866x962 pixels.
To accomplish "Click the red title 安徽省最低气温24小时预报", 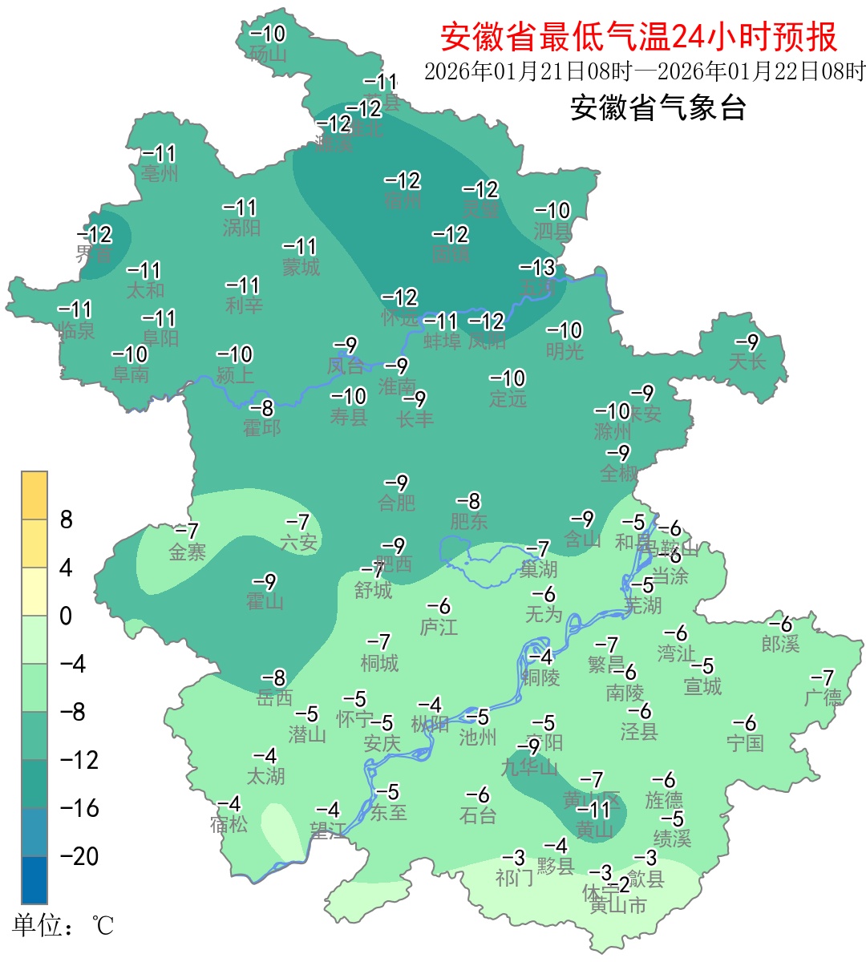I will click(x=639, y=36).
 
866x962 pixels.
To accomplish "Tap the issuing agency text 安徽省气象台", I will click(x=658, y=107).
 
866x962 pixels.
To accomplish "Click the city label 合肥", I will click(x=397, y=503).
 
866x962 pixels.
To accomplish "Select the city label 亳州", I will click(x=160, y=172).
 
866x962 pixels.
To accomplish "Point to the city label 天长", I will click(x=747, y=362).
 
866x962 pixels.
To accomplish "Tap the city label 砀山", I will click(x=268, y=55).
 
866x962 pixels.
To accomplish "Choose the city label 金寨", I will click(x=187, y=552).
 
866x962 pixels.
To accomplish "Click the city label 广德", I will click(x=823, y=697).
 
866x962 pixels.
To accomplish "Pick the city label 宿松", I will click(x=229, y=824).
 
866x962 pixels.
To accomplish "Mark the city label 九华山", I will click(x=529, y=767).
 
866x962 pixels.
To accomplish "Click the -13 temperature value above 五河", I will click(x=537, y=267).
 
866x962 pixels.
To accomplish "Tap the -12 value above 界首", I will click(x=95, y=235).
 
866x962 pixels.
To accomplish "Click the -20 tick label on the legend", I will click(x=79, y=856).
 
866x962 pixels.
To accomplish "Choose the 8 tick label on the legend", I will click(x=67, y=519).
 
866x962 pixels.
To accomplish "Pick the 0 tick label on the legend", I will click(x=66, y=616).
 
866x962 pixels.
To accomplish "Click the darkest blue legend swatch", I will click(x=34, y=879).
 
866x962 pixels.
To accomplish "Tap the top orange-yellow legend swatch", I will click(x=34, y=495).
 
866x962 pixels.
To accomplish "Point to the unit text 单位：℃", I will click(x=63, y=926).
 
